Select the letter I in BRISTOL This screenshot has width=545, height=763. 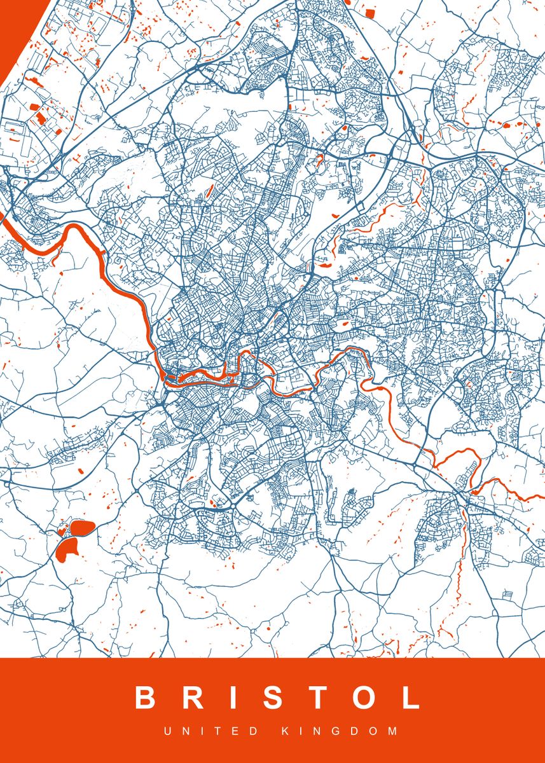coord(236,698)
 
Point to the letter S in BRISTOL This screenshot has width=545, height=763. coord(274,698)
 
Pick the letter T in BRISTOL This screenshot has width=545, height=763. coord(319,698)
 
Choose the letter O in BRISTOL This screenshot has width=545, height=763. coord(365,698)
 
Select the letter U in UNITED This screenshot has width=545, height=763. coord(168,732)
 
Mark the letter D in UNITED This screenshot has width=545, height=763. coord(255,732)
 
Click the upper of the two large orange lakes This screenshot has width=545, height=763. coord(83,527)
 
